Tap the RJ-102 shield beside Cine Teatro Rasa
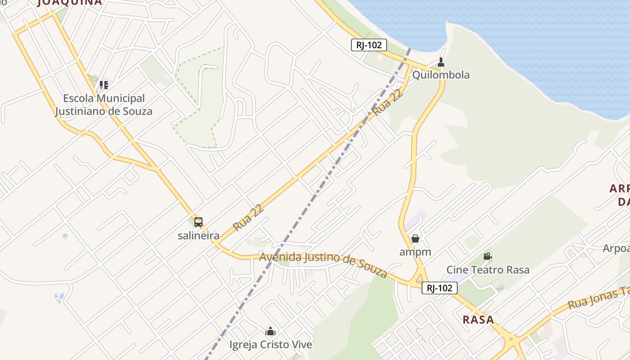click(x=439, y=288)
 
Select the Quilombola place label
click(x=441, y=75)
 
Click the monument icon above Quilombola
click(x=441, y=62)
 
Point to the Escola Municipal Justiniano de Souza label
click(x=104, y=105)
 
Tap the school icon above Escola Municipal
click(x=104, y=85)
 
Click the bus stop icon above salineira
click(x=198, y=222)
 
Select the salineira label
click(x=198, y=235)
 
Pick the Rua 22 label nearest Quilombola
click(x=387, y=102)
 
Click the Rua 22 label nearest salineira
click(x=248, y=218)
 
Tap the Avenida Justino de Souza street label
click(x=324, y=264)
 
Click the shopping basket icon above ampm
click(x=415, y=238)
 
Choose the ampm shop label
click(x=415, y=252)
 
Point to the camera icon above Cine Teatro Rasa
click(x=487, y=256)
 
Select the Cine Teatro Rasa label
click(x=488, y=270)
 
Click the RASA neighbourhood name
click(x=478, y=320)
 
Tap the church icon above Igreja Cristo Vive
click(x=270, y=332)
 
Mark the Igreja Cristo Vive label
click(x=270, y=345)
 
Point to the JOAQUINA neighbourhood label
click(x=70, y=3)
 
